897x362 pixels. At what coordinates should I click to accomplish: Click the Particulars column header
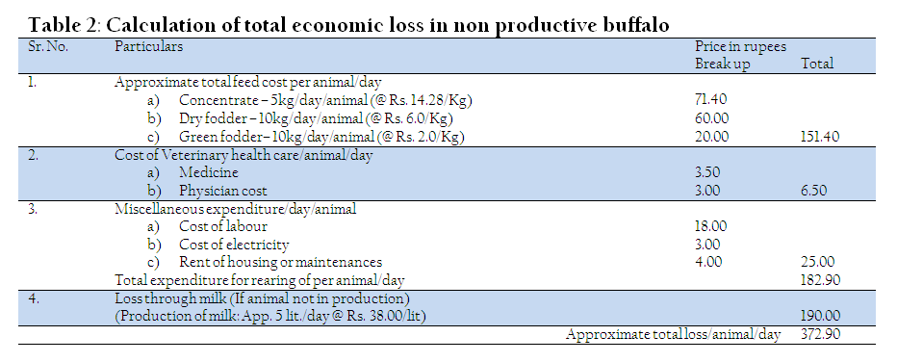click(149, 47)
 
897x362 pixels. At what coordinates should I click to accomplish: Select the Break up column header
click(722, 65)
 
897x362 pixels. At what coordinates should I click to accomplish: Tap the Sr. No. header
click(48, 47)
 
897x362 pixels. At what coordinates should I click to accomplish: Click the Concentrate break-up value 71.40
click(710, 99)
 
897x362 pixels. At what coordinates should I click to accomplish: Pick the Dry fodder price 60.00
click(711, 118)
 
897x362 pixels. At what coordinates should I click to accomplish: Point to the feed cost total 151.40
click(820, 138)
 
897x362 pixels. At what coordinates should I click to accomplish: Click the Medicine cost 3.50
click(707, 172)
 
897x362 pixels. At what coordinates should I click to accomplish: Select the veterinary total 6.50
click(814, 191)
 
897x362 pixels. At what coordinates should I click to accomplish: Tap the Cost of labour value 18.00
click(710, 226)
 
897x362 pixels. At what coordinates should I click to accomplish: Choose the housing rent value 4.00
click(708, 262)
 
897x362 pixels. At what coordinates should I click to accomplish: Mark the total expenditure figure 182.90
click(820, 280)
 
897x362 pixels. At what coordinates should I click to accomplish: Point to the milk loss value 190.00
click(820, 316)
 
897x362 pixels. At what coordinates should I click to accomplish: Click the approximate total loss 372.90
click(820, 334)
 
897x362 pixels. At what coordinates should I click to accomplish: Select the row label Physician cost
click(223, 191)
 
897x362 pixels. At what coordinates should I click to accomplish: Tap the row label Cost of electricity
click(234, 245)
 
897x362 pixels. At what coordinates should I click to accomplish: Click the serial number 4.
click(33, 298)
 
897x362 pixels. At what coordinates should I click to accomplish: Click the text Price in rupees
click(740, 46)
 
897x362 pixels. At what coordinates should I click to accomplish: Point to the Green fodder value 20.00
click(711, 138)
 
